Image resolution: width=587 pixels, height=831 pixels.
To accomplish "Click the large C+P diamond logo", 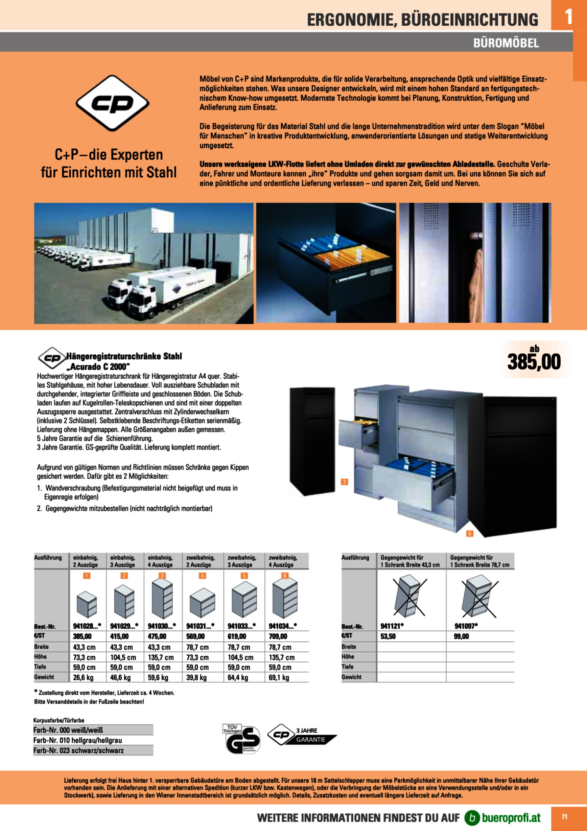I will (112, 103).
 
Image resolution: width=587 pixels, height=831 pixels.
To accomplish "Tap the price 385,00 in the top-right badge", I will (534, 362).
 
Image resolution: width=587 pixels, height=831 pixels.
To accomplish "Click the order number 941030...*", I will (162, 626).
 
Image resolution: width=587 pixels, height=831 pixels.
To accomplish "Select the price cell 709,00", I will (278, 636).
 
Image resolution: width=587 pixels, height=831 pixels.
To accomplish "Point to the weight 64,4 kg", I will (238, 677).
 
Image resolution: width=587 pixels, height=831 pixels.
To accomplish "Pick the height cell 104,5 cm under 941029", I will (123, 657).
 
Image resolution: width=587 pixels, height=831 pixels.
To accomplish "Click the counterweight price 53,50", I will (388, 636).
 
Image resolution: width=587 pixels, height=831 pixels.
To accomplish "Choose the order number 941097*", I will (466, 626).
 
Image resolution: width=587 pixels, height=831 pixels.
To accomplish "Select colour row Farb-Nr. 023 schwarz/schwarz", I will (79, 750).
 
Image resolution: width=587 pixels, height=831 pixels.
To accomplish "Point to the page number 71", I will (564, 817).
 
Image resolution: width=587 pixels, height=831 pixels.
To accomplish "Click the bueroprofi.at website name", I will (511, 817).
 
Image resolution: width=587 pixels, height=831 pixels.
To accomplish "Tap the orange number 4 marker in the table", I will (202, 576).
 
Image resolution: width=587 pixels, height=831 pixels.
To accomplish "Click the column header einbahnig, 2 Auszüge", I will (85, 561).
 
